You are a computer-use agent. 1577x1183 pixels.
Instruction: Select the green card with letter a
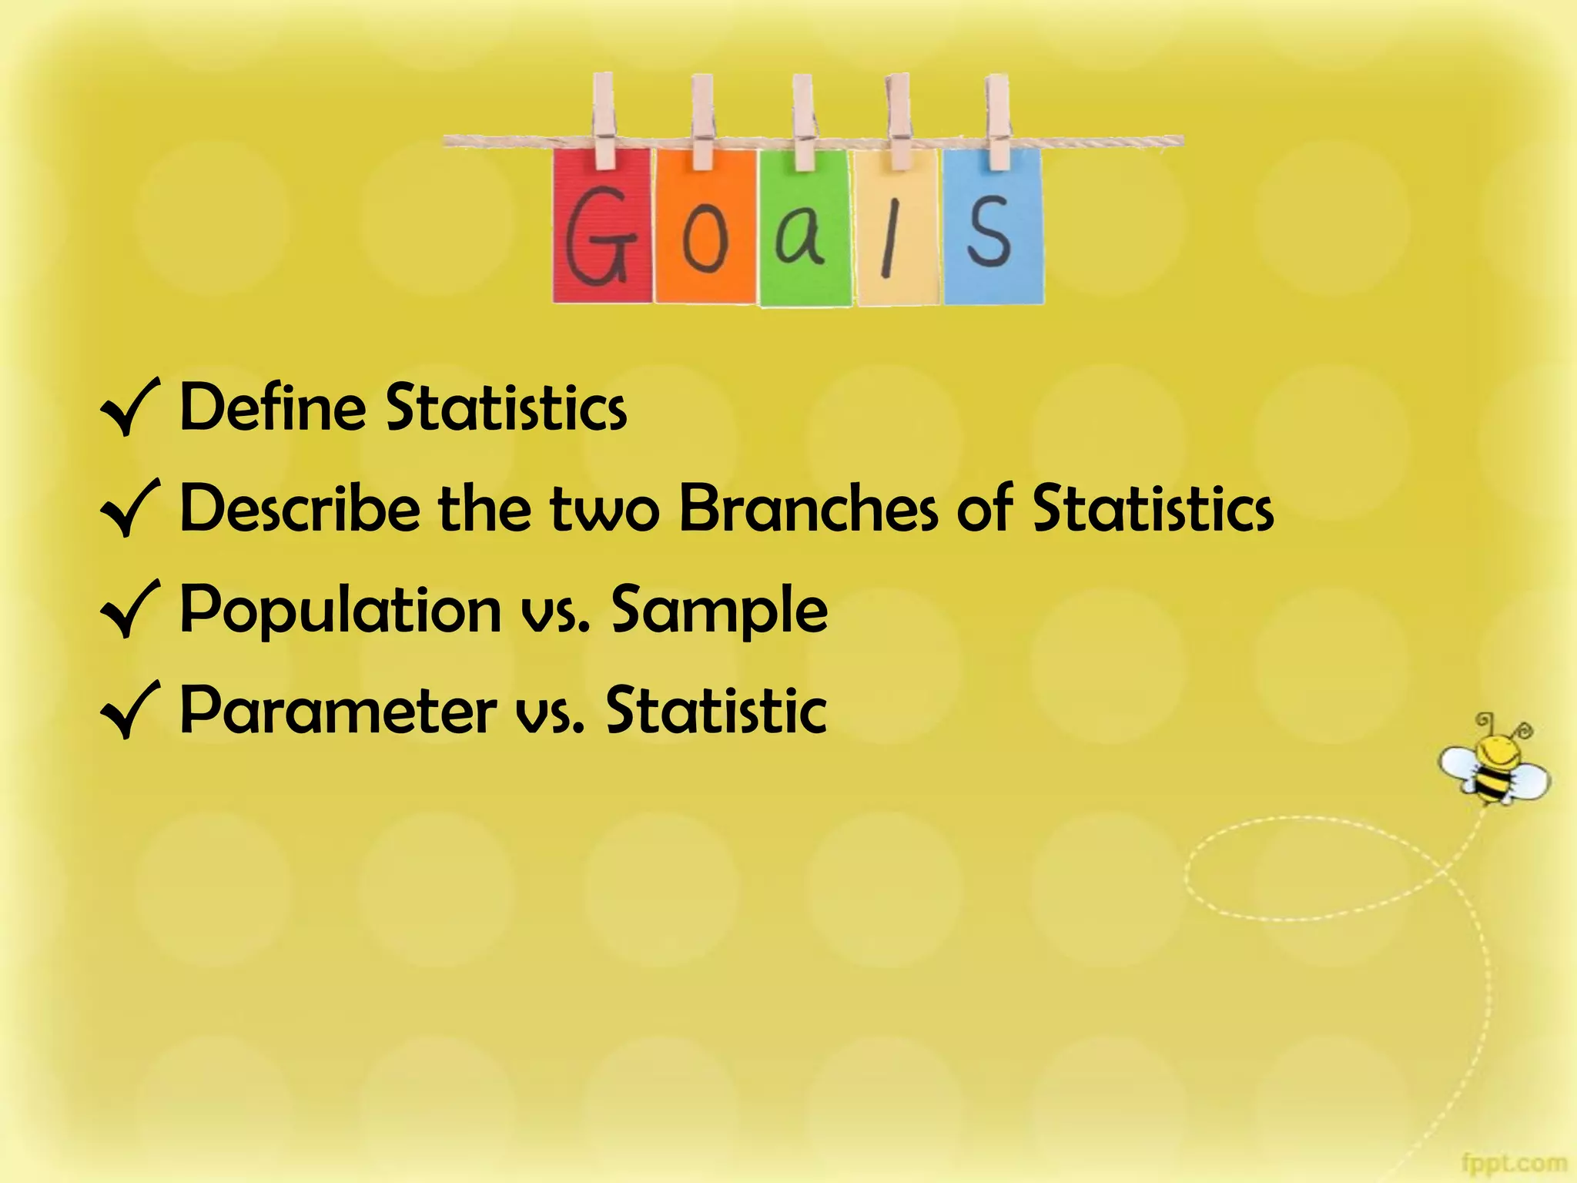[805, 231]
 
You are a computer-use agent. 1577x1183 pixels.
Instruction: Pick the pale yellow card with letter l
[896, 231]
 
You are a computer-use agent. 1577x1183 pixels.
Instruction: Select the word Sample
[719, 611]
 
